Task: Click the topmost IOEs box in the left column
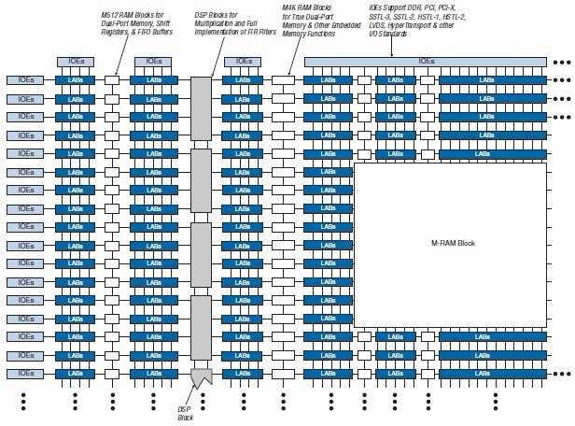pos(24,80)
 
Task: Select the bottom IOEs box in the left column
pos(24,374)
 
